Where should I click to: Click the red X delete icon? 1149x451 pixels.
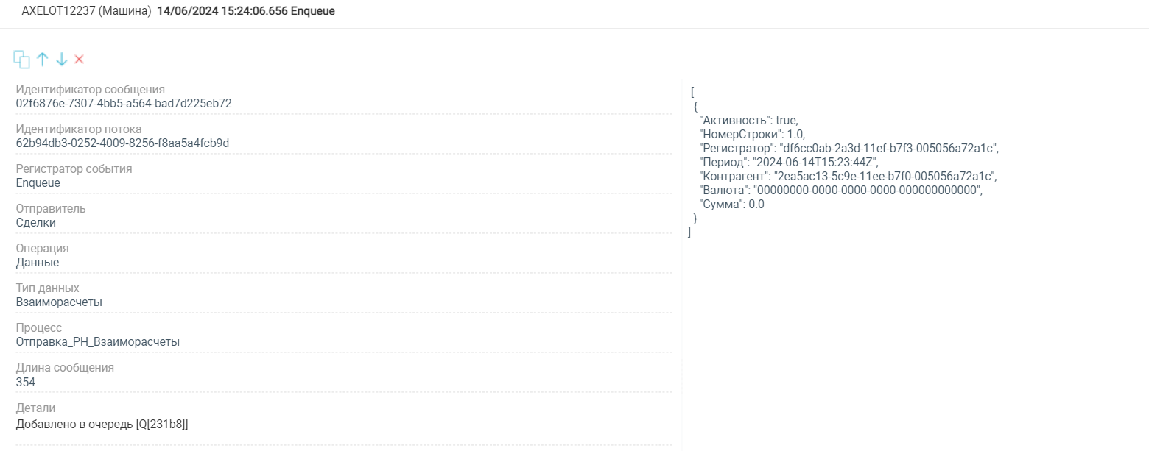79,60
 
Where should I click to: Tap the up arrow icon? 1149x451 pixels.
43,60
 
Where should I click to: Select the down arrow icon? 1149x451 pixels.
62,60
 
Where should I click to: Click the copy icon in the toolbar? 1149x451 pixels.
21,60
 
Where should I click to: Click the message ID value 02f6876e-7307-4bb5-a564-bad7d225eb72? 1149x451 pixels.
124,104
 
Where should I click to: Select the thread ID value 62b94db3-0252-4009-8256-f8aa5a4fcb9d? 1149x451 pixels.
122,143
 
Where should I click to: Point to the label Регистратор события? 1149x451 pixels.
74,168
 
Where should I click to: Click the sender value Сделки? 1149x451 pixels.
36,222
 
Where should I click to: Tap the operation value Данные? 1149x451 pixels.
38,263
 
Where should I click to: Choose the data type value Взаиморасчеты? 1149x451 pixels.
59,302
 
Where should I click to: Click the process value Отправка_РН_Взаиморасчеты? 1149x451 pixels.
97,342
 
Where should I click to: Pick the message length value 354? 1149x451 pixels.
26,383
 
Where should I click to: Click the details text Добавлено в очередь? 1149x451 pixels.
74,425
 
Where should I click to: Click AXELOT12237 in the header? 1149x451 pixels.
58,11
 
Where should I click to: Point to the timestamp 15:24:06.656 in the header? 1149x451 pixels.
254,11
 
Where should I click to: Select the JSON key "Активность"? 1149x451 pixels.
734,121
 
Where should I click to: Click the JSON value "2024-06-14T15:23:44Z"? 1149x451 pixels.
814,163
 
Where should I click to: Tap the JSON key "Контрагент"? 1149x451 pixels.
734,177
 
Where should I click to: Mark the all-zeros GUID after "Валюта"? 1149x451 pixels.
866,190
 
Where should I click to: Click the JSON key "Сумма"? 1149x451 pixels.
722,205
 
